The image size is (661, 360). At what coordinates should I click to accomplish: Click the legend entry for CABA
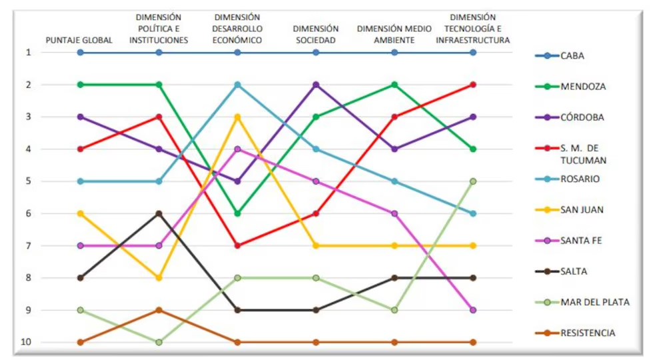572,56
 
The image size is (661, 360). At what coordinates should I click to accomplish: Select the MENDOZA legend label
583,87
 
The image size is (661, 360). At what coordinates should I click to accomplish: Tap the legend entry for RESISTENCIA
588,333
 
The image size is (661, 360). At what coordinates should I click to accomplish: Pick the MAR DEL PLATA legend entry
594,302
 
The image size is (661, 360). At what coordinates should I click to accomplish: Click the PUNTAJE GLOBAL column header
79,40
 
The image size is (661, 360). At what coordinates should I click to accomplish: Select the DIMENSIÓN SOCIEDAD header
316,35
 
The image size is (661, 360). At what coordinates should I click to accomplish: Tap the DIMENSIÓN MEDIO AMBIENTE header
394,35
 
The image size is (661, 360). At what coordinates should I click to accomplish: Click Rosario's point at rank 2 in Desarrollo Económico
237,85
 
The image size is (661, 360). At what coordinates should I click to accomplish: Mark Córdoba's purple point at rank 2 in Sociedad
316,85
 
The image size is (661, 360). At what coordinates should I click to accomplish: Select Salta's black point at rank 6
159,213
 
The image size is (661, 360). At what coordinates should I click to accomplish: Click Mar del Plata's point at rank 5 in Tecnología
473,181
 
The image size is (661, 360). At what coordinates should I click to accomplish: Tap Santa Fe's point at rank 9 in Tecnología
473,310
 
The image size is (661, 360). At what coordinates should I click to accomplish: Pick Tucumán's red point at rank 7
237,245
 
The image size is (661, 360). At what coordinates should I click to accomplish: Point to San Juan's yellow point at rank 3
237,117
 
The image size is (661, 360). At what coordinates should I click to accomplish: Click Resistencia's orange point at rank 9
159,310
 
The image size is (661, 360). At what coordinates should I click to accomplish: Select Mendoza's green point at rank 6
237,213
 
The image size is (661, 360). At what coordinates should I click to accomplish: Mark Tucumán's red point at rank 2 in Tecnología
473,85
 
